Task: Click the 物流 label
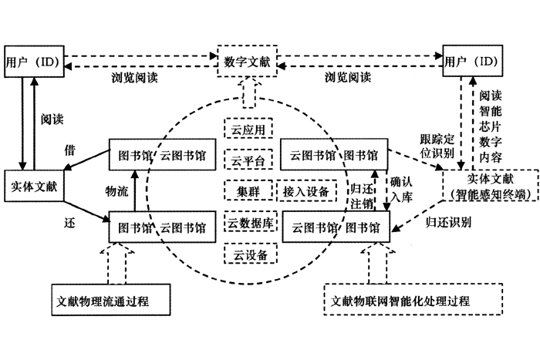[116, 191]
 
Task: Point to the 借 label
[69, 150]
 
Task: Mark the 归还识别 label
[448, 222]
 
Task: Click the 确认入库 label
[401, 190]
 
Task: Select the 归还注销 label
[362, 196]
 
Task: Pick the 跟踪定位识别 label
[437, 146]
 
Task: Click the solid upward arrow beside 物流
[135, 190]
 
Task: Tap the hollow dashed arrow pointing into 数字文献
[248, 93]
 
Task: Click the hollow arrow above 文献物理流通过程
[117, 263]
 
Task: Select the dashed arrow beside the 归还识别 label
[417, 216]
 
